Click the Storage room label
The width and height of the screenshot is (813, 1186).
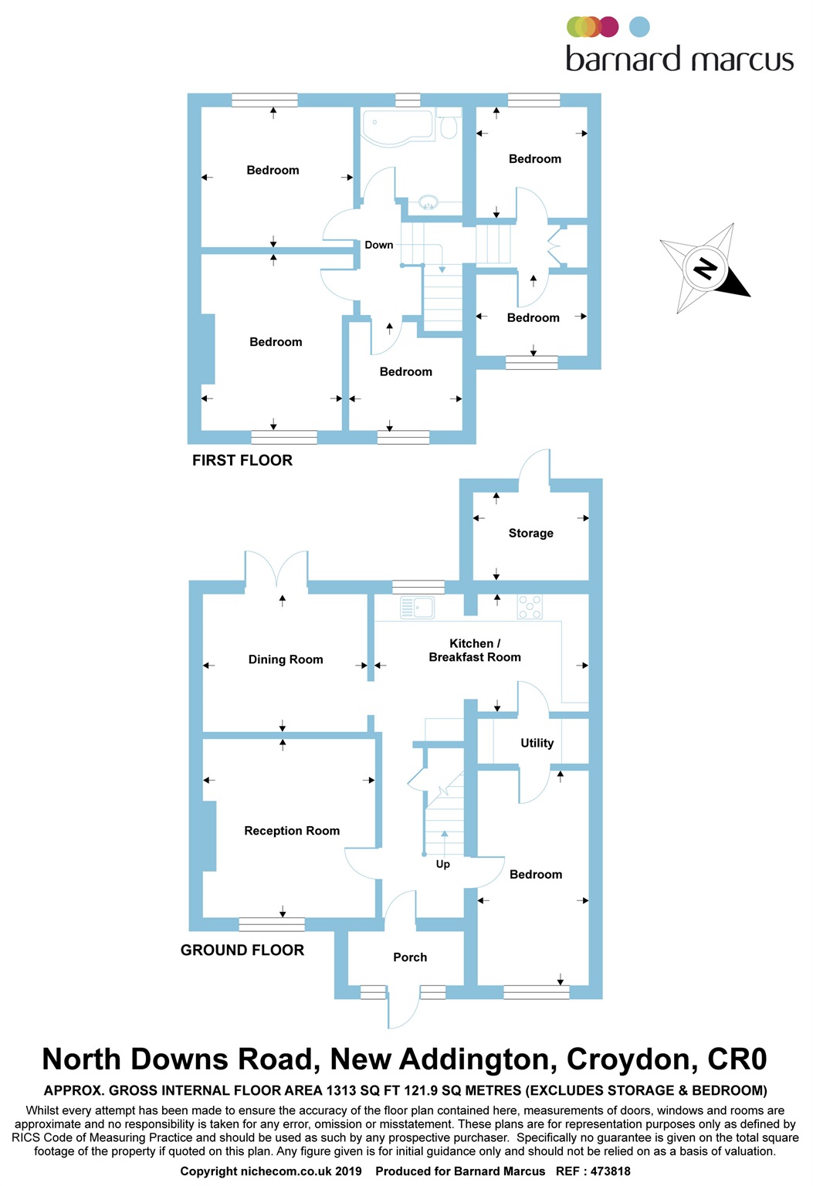click(530, 533)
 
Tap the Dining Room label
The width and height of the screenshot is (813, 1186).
click(285, 659)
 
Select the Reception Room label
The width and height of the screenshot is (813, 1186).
click(292, 831)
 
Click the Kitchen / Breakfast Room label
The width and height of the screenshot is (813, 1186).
click(475, 650)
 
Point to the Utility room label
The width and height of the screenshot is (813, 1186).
click(537, 743)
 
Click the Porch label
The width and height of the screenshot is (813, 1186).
click(410, 957)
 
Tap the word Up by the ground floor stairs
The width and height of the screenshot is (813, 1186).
click(442, 864)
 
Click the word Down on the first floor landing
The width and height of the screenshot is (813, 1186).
click(379, 245)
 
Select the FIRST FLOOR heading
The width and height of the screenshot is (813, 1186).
click(242, 460)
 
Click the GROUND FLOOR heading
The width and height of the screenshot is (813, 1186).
click(242, 950)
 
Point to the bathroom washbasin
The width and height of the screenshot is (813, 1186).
click(428, 202)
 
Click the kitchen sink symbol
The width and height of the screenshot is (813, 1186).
click(418, 608)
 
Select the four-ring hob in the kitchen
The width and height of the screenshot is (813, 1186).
click(530, 607)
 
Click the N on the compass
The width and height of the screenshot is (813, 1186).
click(704, 268)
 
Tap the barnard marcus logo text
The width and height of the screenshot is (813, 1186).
click(679, 59)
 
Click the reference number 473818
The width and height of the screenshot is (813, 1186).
click(610, 1171)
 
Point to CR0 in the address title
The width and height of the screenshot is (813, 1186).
click(737, 1059)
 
